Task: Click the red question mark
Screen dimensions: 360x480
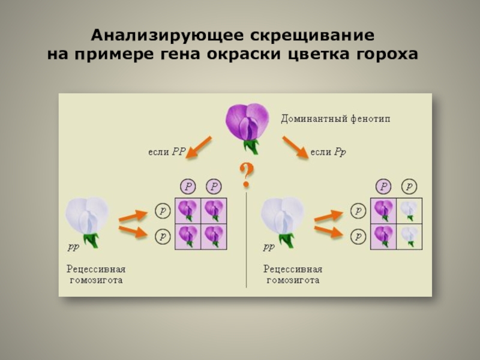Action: [246, 174]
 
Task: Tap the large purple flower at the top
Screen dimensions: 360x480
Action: [247, 124]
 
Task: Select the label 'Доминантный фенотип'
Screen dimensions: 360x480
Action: [335, 119]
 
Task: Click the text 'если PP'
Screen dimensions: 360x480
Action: [166, 152]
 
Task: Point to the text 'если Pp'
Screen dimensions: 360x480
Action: [328, 152]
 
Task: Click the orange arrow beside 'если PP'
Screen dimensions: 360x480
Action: [199, 147]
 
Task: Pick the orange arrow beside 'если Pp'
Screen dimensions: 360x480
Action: [295, 147]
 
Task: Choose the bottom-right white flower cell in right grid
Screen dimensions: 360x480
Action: [409, 235]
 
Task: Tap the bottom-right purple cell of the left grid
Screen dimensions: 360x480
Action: [214, 236]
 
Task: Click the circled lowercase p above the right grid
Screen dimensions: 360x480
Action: [409, 186]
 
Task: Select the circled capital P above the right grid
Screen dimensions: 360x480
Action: [384, 186]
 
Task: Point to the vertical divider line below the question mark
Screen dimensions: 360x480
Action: [246, 240]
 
